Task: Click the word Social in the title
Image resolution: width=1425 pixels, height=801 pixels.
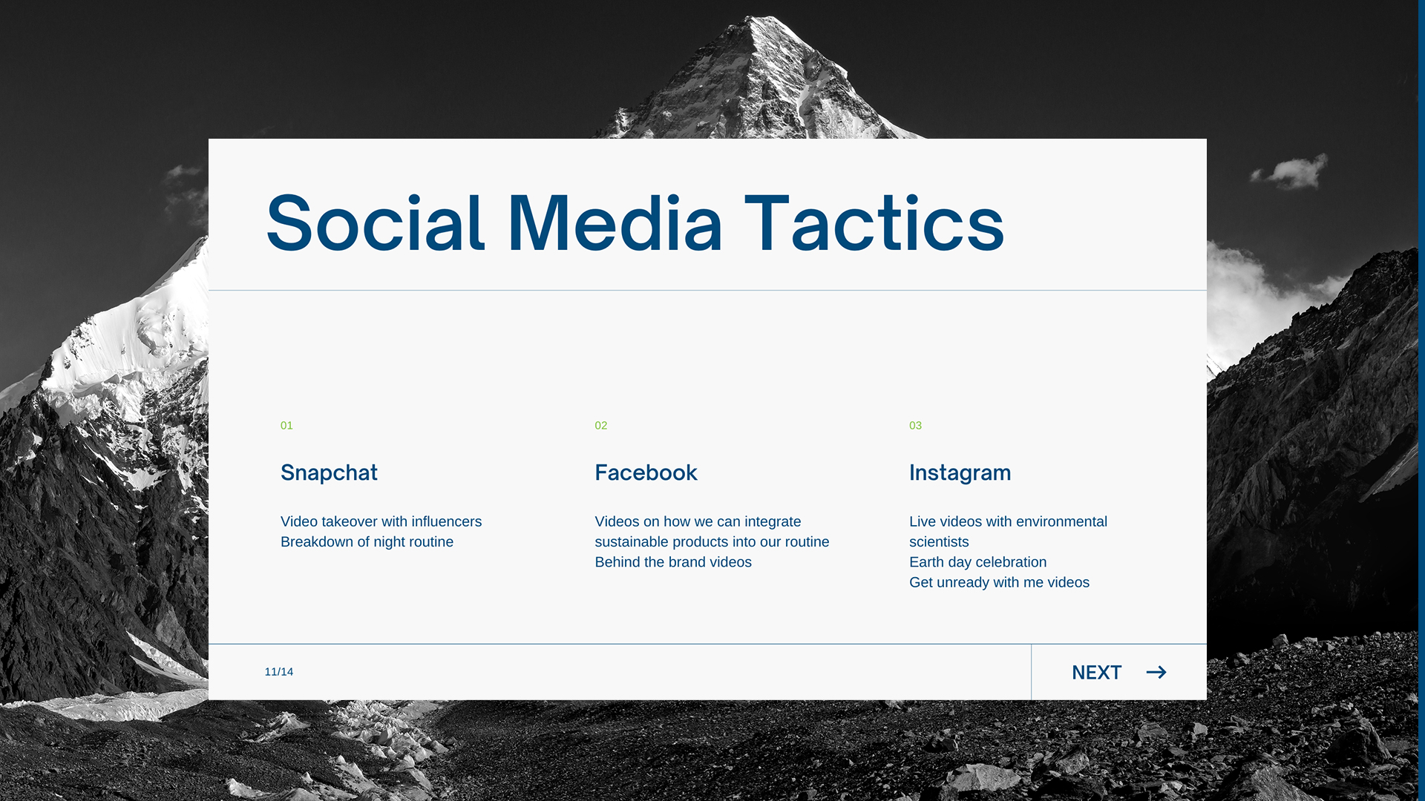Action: pyautogui.click(x=376, y=223)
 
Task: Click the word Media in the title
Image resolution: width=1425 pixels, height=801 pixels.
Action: pyautogui.click(x=615, y=223)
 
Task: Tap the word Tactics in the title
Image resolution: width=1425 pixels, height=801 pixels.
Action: pyautogui.click(x=874, y=223)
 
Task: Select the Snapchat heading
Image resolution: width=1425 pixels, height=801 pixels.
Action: pyautogui.click(x=329, y=473)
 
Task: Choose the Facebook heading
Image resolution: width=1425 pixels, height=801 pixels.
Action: pyautogui.click(x=646, y=473)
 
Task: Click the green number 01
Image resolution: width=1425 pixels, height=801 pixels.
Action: pyautogui.click(x=286, y=426)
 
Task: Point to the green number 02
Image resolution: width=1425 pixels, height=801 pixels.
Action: pyautogui.click(x=601, y=426)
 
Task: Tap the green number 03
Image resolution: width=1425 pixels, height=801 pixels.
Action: pyautogui.click(x=915, y=426)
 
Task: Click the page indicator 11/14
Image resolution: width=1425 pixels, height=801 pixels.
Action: pyautogui.click(x=279, y=672)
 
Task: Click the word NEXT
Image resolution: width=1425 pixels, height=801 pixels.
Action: pyautogui.click(x=1096, y=673)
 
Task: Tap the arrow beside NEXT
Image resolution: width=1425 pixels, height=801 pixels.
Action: pyautogui.click(x=1156, y=673)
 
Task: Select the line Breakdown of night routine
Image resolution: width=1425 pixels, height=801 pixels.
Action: pyautogui.click(x=367, y=542)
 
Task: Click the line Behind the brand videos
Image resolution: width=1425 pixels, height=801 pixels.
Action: pyautogui.click(x=673, y=562)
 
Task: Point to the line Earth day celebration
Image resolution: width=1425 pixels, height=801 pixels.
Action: pyautogui.click(x=977, y=562)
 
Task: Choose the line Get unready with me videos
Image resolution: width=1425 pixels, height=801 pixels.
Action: pyautogui.click(x=999, y=583)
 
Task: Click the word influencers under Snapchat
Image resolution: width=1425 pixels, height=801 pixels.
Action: pyautogui.click(x=447, y=522)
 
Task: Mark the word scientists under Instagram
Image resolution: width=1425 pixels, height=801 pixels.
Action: pyautogui.click(x=939, y=542)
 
